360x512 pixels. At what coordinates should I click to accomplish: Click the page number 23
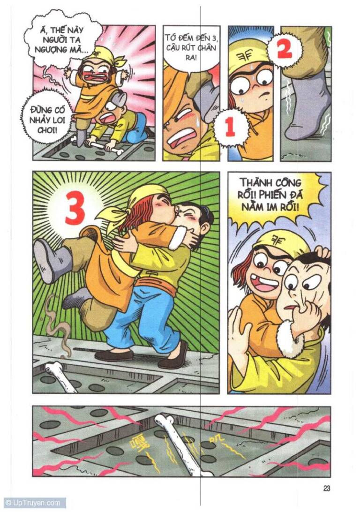(x=326, y=488)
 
